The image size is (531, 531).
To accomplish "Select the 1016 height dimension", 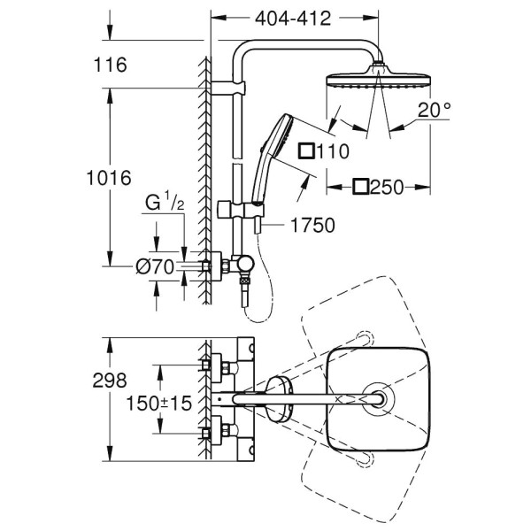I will coord(112,177).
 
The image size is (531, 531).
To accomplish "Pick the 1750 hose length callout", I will coord(312,226).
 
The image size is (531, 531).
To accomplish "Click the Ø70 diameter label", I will coord(156,265).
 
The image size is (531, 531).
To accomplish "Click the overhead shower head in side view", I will coord(378,77).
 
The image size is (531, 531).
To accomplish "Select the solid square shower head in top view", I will coord(378,399).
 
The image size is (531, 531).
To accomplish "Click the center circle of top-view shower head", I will coord(377,399).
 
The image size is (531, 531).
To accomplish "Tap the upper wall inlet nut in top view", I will coord(212,364).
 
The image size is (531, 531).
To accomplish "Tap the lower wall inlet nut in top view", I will coord(212,434).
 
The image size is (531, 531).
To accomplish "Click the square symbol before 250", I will coord(361,187).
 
